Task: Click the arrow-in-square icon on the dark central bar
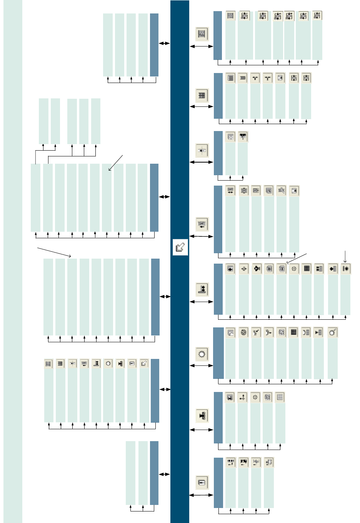tap(180, 247)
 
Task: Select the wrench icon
tap(282, 191)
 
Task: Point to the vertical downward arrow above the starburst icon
tap(345, 256)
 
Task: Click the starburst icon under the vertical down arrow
tap(345, 269)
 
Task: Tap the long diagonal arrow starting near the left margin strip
tap(54, 252)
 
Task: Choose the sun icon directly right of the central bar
tap(202, 354)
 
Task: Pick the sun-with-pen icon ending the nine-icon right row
tap(332, 332)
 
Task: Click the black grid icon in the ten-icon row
tap(307, 269)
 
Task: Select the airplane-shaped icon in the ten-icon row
tap(257, 269)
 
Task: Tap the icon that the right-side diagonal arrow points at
tap(282, 269)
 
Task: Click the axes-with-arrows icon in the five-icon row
tap(242, 397)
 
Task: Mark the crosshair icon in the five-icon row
tap(255, 397)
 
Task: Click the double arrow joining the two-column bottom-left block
tap(165, 474)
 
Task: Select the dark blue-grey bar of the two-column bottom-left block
tap(154, 473)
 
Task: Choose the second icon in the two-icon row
tap(243, 137)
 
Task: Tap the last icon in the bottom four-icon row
tap(268, 462)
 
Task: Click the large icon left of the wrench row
tap(202, 224)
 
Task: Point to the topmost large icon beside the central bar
tap(202, 34)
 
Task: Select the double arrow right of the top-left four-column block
tap(165, 43)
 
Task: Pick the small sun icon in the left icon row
tap(108, 363)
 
